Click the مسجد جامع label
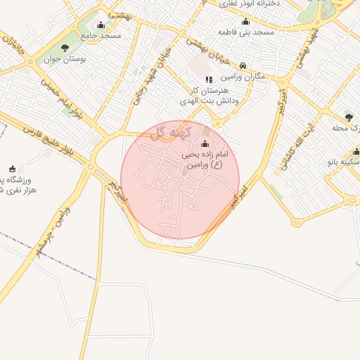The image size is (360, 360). tap(101, 34)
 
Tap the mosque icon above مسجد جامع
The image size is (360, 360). tap(101, 25)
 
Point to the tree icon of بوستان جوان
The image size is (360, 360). tap(65, 49)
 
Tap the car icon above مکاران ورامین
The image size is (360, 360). tap(243, 65)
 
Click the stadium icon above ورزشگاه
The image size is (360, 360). tap(12, 169)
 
